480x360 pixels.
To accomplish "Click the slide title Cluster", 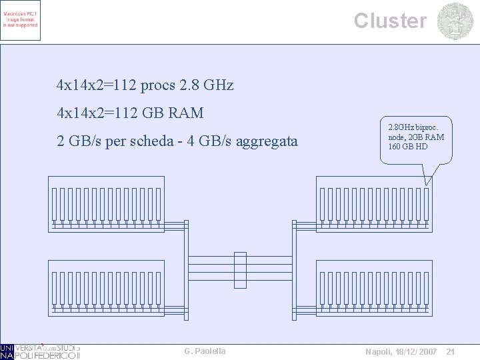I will coord(390,21).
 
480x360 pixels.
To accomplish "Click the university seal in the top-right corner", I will coord(455,21).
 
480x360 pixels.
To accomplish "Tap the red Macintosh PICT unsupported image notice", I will coord(21,21).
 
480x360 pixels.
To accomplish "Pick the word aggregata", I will coord(267,142).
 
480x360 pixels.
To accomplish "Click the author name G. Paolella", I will coord(205,351).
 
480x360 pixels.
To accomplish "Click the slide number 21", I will coord(450,351).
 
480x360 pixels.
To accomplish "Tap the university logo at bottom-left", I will coord(40,351).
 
